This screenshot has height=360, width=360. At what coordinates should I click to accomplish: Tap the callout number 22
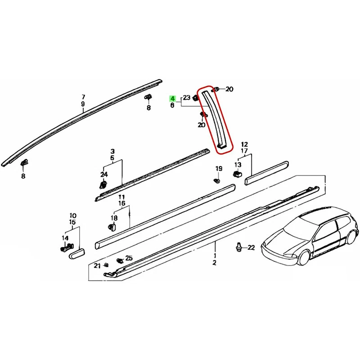(x=251, y=247)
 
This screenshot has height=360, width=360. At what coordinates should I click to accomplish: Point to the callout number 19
(x=219, y=169)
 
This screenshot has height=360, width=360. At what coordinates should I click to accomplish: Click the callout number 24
(x=104, y=174)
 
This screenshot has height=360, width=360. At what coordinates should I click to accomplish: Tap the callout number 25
(x=129, y=258)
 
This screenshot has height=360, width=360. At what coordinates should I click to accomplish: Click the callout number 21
(x=97, y=266)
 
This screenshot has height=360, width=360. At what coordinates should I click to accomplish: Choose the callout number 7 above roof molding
(x=83, y=97)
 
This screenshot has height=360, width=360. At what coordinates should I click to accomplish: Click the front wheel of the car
(x=304, y=258)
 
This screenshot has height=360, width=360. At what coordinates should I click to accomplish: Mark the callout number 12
(x=244, y=144)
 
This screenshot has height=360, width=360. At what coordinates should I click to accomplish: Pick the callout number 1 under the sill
(x=215, y=255)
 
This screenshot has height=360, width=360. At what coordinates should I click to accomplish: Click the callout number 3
(x=112, y=152)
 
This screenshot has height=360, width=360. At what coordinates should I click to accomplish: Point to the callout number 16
(x=121, y=204)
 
